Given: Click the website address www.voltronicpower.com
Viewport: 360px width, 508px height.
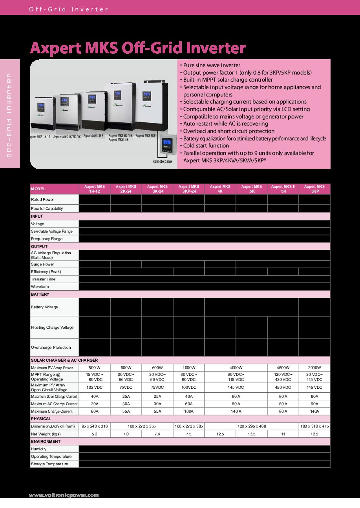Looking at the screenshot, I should point(64,495).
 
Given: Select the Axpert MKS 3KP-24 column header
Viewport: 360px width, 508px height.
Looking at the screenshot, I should point(189,189).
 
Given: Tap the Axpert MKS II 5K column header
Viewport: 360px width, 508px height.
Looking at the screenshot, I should point(283,189).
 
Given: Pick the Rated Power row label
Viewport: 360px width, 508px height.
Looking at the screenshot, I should point(42,200).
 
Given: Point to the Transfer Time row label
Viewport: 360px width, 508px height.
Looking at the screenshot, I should point(43,279).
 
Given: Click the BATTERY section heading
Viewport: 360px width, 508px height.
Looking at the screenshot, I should point(40,294).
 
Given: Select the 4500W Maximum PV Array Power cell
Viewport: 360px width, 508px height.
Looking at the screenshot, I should point(283,368).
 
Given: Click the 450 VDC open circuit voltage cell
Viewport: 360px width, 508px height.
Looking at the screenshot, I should point(283,387).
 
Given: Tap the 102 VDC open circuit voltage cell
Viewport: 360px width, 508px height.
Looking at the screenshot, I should point(95,387).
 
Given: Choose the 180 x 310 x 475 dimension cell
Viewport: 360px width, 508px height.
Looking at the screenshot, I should point(314,426).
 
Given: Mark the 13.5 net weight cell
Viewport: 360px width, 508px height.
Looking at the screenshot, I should point(252,434).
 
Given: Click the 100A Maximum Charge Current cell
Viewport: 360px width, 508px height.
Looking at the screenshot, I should point(189,411).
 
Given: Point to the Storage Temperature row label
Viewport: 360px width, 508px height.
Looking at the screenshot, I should point(49,464).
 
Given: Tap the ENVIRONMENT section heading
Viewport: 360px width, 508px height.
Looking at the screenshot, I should point(46,441).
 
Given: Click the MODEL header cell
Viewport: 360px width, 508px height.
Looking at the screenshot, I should point(38,189).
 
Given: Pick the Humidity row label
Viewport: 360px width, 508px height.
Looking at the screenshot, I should point(38,449).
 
